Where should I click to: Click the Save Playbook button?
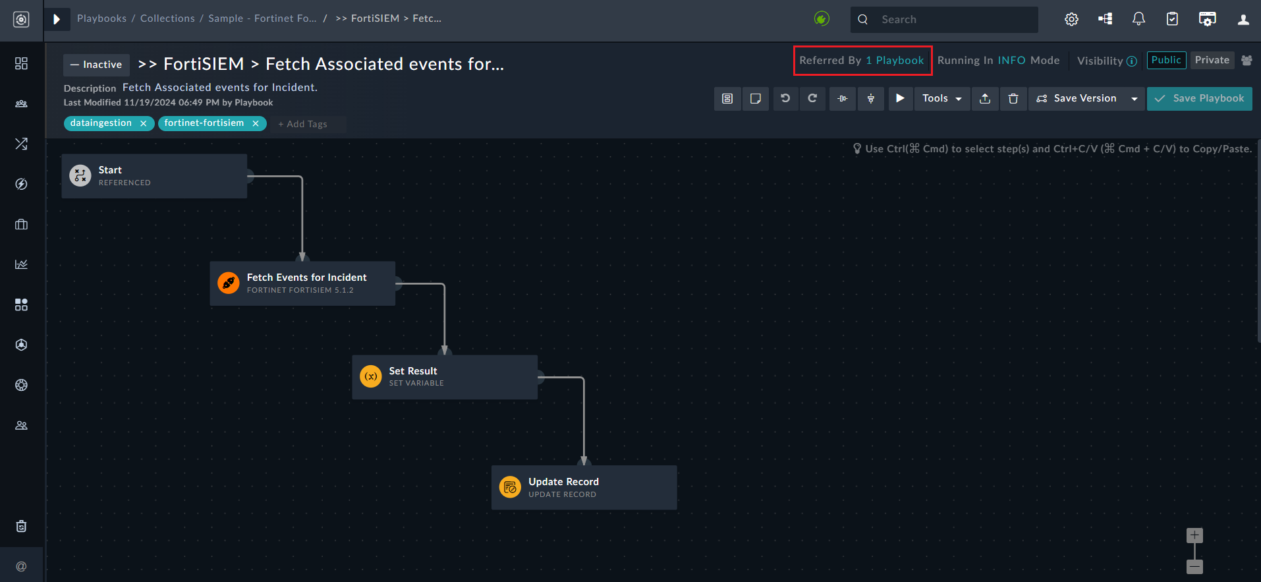1199,99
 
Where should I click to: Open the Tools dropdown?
941,99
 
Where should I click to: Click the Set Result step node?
445,377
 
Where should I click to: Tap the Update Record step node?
584,488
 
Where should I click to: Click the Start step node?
154,176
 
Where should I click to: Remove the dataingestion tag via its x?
143,124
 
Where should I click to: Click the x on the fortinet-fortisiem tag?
256,124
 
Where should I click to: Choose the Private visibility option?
1212,61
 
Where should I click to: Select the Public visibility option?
1166,61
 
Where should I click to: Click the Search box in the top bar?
949,20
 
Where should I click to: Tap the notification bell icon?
1138,19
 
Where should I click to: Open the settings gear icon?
1071,19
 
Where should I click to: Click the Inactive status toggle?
96,65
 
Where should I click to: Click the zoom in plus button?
1194,535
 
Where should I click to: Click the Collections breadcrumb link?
167,18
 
